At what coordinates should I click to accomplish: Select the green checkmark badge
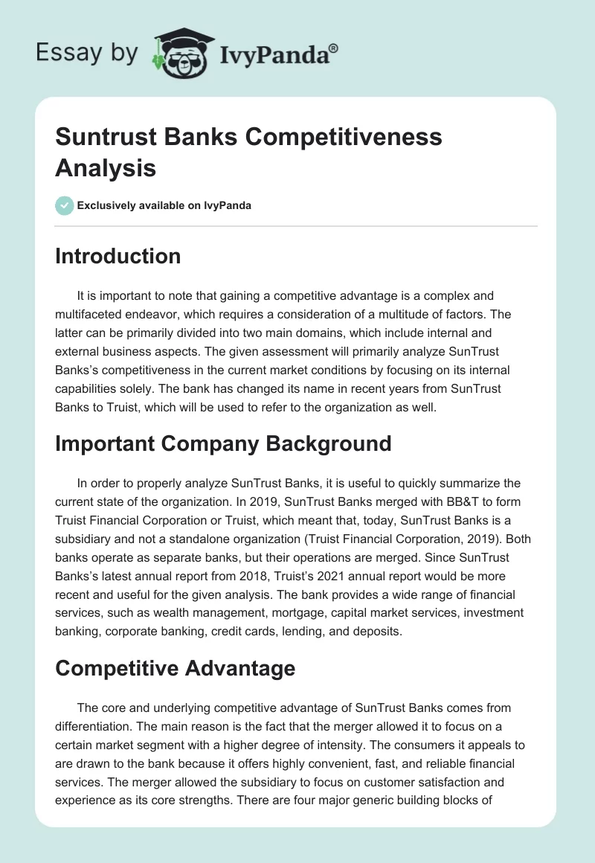[64, 205]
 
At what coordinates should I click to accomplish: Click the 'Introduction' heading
[118, 256]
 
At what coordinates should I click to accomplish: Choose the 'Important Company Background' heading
[223, 443]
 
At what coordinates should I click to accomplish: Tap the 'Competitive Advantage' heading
[175, 668]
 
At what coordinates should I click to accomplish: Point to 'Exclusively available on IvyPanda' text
[164, 206]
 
